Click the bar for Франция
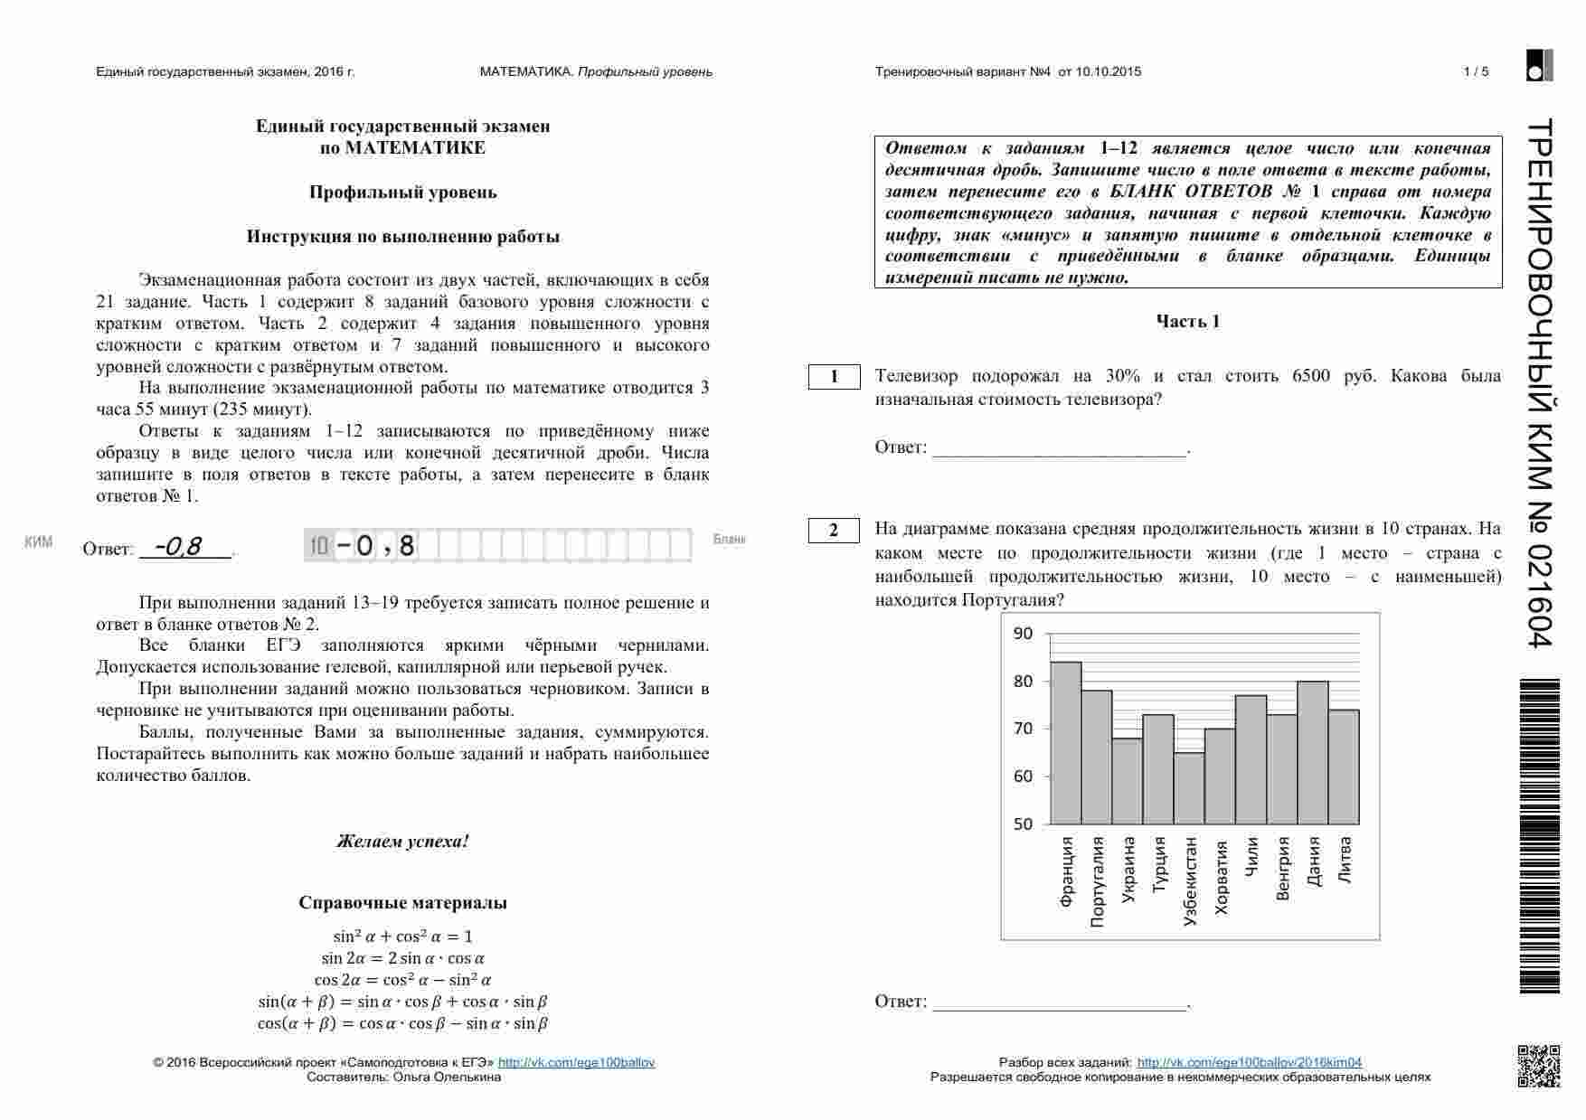1066,743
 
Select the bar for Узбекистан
1189,788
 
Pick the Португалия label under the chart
1098,881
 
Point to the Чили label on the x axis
1251,856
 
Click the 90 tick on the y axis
1023,634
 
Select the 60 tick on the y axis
1023,776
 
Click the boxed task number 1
834,377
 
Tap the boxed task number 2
834,531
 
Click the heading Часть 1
1187,322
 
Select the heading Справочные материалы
402,903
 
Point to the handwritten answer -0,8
178,547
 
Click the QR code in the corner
1538,1065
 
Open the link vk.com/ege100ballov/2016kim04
1249,1063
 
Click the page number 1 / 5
1476,72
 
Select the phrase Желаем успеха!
402,842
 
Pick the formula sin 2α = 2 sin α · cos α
402,958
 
